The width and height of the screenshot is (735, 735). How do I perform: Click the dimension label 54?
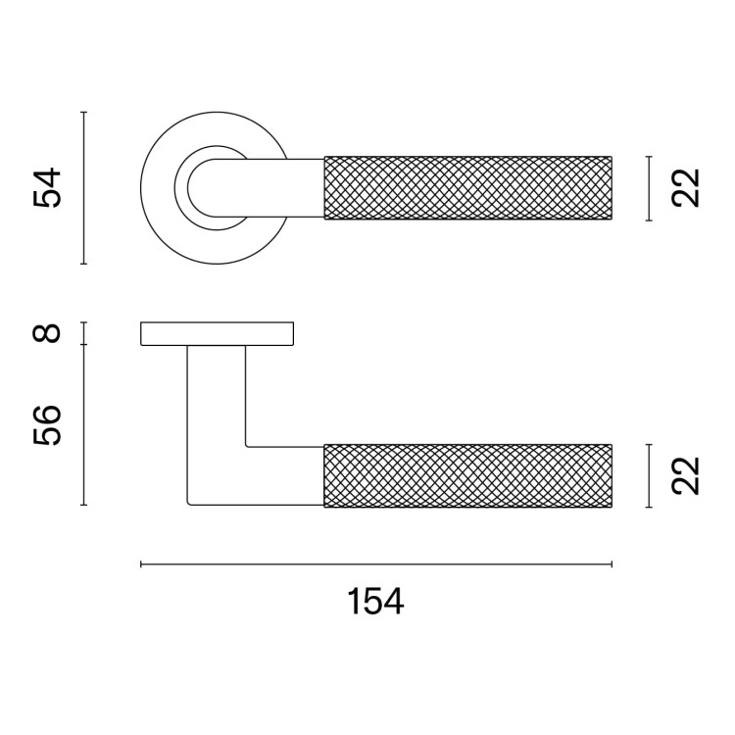[x=47, y=187]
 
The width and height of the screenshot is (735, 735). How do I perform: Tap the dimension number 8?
[x=47, y=333]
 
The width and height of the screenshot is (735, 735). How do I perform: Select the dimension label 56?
[x=47, y=425]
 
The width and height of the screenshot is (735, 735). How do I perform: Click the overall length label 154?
[x=375, y=602]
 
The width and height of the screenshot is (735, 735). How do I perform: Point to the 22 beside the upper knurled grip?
[x=685, y=188]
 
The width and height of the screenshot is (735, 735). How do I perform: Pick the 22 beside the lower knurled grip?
[x=685, y=475]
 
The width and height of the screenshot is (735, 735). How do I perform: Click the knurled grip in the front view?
[x=468, y=187]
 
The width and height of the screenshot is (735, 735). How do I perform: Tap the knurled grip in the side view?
[x=468, y=475]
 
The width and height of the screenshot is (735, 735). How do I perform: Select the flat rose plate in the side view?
[x=217, y=334]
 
